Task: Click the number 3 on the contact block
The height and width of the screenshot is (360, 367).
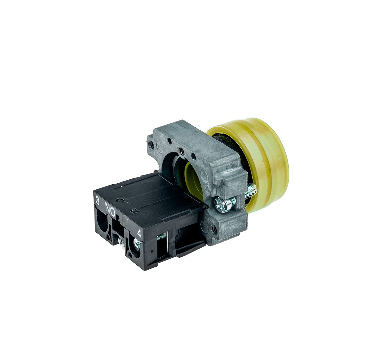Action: click(x=98, y=201)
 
